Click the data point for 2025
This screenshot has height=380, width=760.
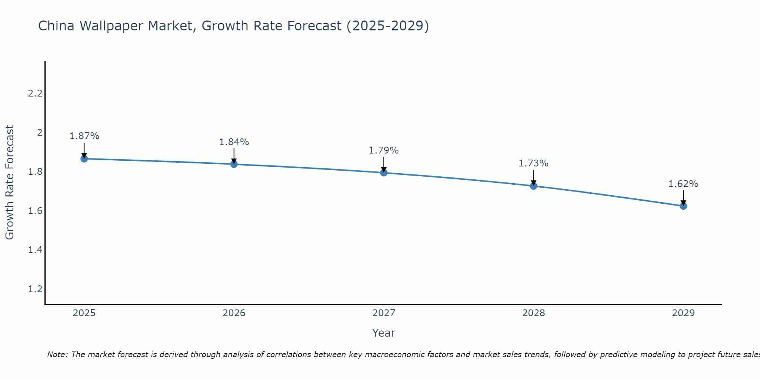[84, 159]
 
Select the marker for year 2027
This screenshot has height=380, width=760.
[384, 173]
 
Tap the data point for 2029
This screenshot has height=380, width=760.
[683, 206]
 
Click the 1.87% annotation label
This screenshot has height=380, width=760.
[84, 136]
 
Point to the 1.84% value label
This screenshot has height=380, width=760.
[234, 142]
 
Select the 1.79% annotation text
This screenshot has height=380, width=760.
[384, 150]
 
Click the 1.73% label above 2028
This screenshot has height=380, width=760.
[534, 163]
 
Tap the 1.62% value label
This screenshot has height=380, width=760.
[683, 184]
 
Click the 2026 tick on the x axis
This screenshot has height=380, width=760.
[234, 313]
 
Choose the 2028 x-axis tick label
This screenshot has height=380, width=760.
[534, 313]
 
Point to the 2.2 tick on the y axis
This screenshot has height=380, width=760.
[35, 93]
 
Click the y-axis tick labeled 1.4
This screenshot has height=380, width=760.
[35, 250]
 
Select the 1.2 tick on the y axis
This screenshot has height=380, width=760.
[35, 289]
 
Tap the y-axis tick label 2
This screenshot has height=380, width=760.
[39, 133]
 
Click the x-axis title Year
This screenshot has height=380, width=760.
[384, 333]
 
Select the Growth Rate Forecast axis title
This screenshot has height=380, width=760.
[10, 182]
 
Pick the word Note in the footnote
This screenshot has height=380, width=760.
[57, 355]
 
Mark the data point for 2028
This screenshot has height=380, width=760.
[534, 186]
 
